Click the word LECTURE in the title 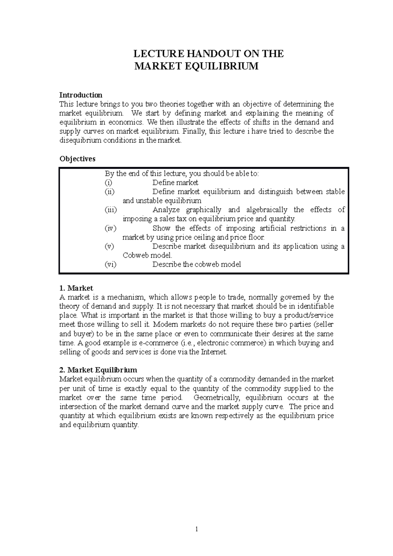click(x=155, y=54)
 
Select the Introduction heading click(x=81, y=95)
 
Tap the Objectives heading click(x=77, y=159)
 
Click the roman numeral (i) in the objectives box click(x=108, y=183)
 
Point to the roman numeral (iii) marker click(x=110, y=210)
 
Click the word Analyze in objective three click(x=166, y=210)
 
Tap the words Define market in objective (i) click(x=175, y=183)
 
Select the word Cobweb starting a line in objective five click(x=135, y=255)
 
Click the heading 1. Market click(x=76, y=288)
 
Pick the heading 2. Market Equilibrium click(x=98, y=370)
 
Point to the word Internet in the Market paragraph click(x=213, y=352)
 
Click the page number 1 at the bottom click(x=196, y=529)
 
